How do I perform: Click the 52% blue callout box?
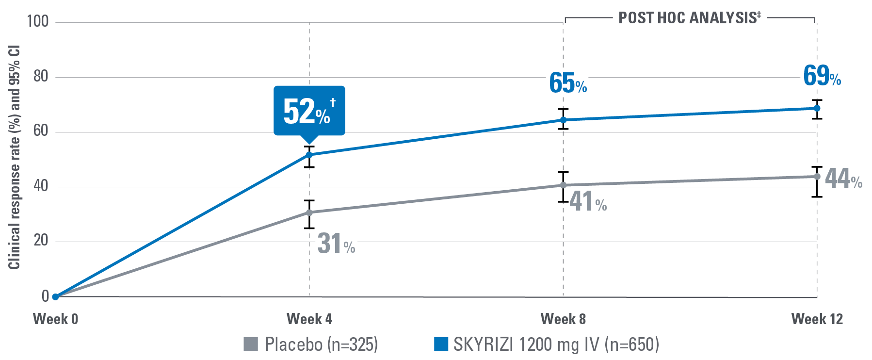(x=309, y=111)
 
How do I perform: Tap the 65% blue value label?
(x=567, y=83)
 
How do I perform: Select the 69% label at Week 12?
(x=822, y=76)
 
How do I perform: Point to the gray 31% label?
(x=336, y=244)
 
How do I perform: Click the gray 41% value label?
(x=587, y=201)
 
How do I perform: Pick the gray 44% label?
(x=843, y=179)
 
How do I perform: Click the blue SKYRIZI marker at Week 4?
(x=309, y=155)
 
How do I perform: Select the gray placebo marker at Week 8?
(x=563, y=185)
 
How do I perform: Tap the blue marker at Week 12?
(x=817, y=108)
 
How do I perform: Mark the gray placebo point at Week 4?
(x=309, y=213)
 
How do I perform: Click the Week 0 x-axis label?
(x=55, y=319)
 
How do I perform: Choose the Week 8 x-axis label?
(x=563, y=319)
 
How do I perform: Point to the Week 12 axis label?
(x=817, y=319)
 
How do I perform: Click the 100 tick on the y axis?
(x=38, y=21)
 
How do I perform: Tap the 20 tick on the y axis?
(x=41, y=241)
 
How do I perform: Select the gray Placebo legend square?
(x=250, y=344)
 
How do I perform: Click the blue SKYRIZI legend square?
(x=440, y=344)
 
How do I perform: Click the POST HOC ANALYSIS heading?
(x=689, y=18)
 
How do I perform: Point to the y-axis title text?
(x=14, y=158)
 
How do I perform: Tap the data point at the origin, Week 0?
(x=55, y=296)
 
